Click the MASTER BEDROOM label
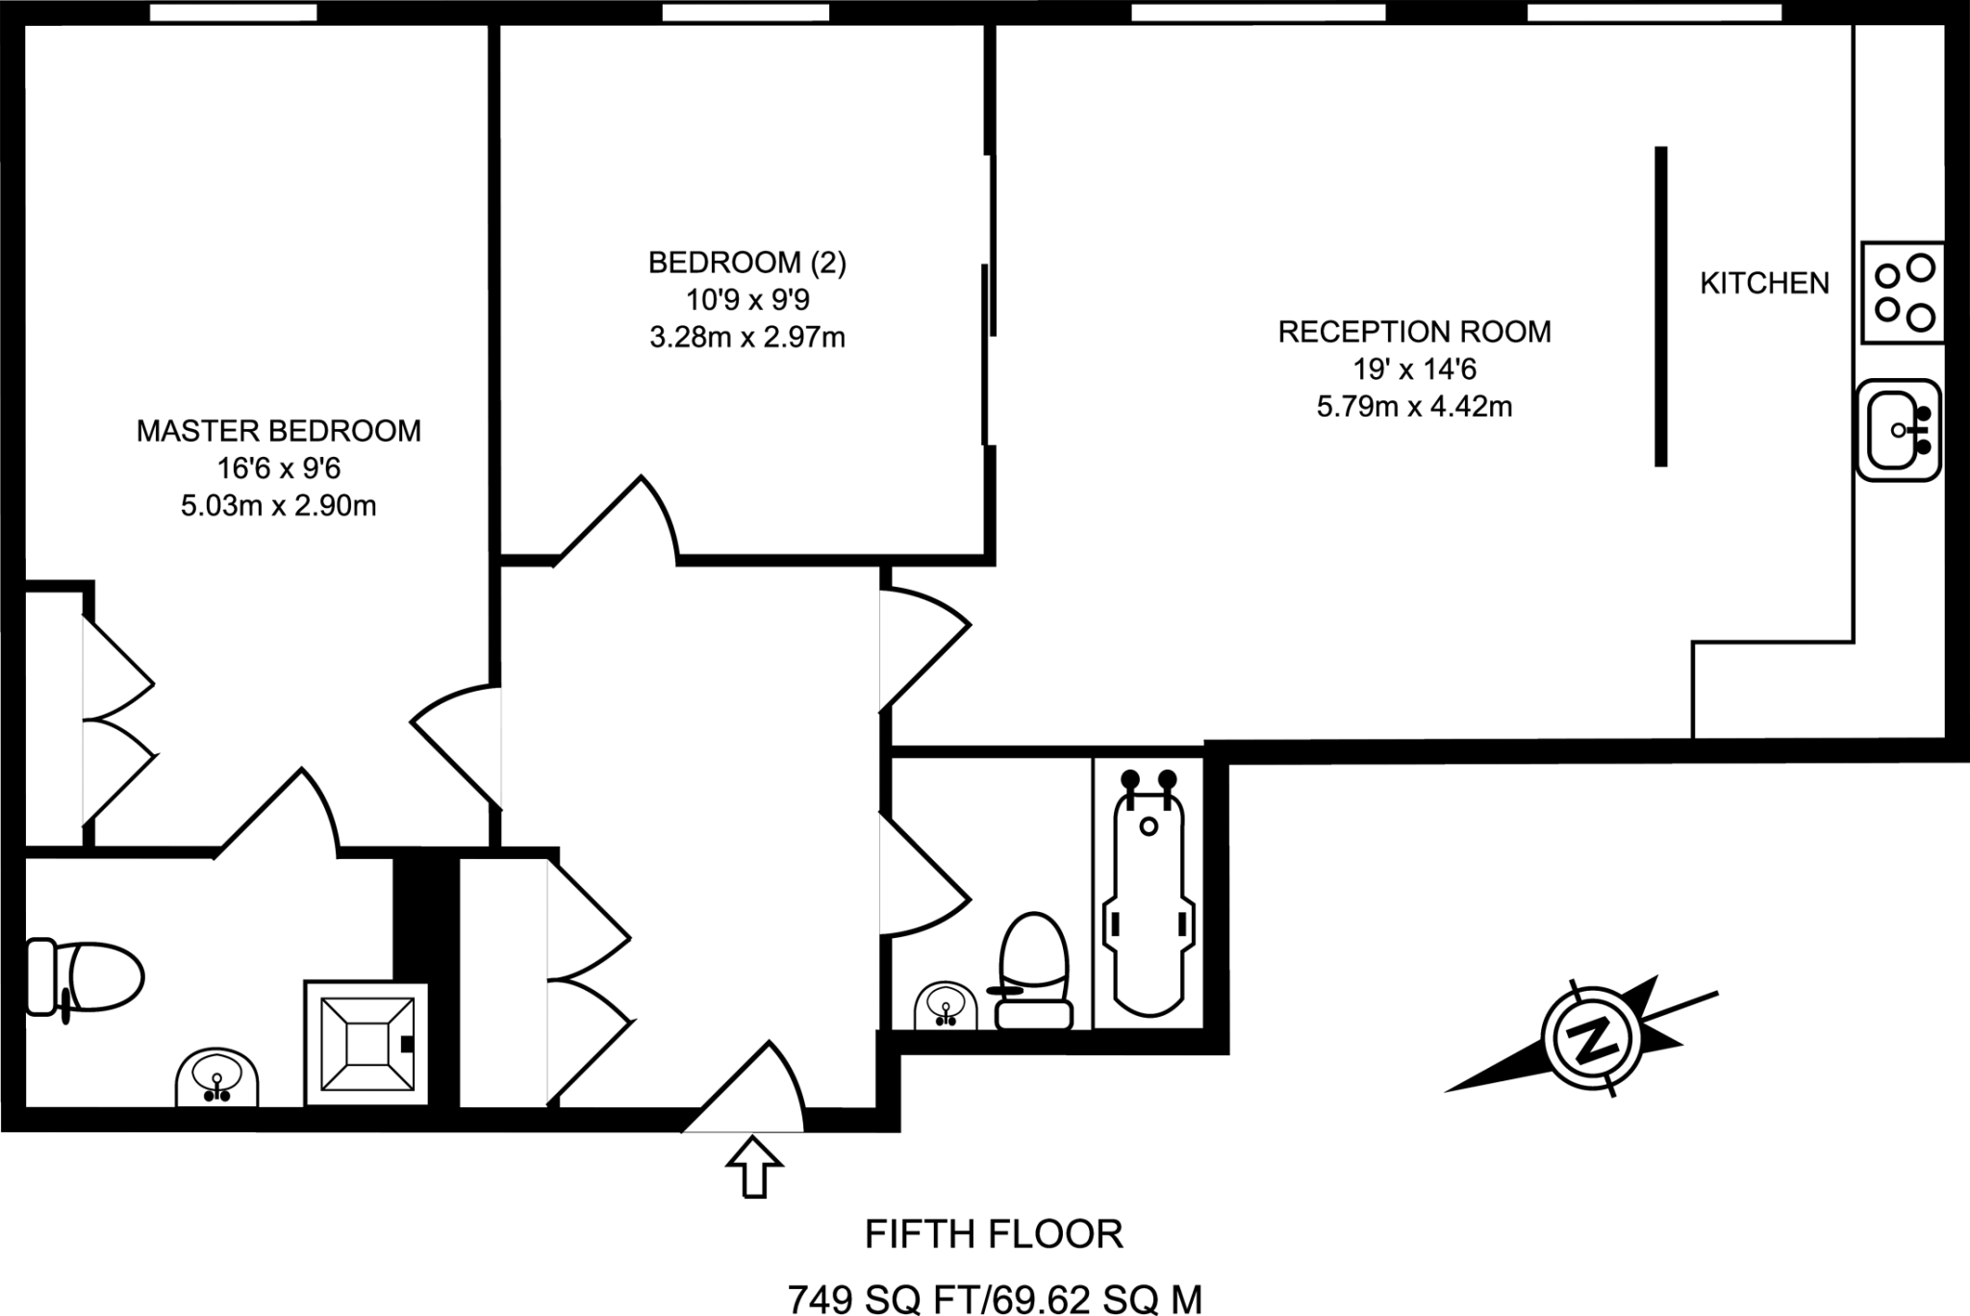pyautogui.click(x=278, y=431)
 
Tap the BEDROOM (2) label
pyautogui.click(x=747, y=263)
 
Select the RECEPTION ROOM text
pyautogui.click(x=1414, y=332)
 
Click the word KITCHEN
pyautogui.click(x=1764, y=283)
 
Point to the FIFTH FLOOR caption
pyautogui.click(x=994, y=1234)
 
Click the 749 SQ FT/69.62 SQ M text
pyautogui.click(x=995, y=1299)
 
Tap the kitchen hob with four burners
pyautogui.click(x=1902, y=292)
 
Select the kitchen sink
pyautogui.click(x=1898, y=430)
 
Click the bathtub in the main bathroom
pyautogui.click(x=1149, y=894)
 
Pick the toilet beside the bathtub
pyautogui.click(x=1034, y=972)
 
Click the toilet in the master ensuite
pyautogui.click(x=84, y=977)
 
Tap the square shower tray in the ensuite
pyautogui.click(x=366, y=1043)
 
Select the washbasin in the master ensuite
pyautogui.click(x=217, y=1077)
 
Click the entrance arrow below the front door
pyautogui.click(x=753, y=1166)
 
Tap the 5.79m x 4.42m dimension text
pyautogui.click(x=1414, y=407)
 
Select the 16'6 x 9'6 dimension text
pyautogui.click(x=279, y=468)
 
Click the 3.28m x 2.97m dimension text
pyautogui.click(x=747, y=338)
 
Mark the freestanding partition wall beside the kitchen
pyautogui.click(x=1660, y=306)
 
